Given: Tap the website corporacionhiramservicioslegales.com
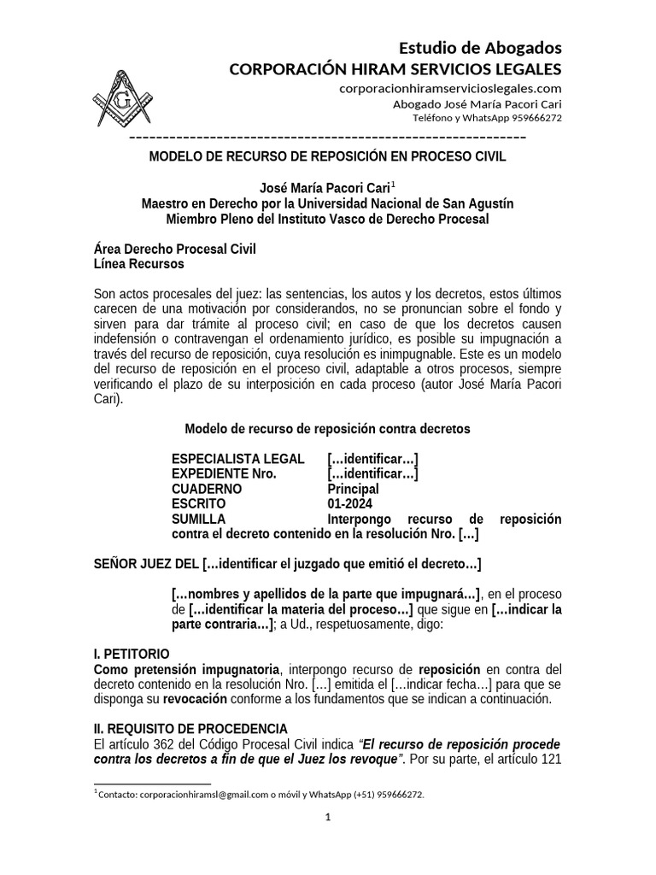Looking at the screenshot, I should [x=450, y=88].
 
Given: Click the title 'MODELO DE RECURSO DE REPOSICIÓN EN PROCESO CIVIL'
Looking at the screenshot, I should [x=328, y=156].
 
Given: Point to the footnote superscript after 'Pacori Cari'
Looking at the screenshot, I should [x=393, y=184].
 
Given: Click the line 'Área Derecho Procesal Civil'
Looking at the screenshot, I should [x=174, y=249].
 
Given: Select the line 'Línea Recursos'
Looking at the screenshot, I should [x=138, y=264].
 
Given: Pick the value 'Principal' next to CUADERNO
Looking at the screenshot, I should [x=353, y=489].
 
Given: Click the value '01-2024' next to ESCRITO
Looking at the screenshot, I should [x=349, y=504].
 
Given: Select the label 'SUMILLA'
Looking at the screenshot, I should [x=199, y=520].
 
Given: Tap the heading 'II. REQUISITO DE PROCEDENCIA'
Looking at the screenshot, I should [x=190, y=728].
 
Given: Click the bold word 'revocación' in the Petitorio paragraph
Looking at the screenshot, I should [x=196, y=698].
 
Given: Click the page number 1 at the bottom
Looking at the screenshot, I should [x=327, y=818].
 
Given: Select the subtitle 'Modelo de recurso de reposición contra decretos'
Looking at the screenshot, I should [x=327, y=428].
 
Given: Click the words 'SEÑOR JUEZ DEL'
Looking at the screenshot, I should [x=146, y=564].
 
